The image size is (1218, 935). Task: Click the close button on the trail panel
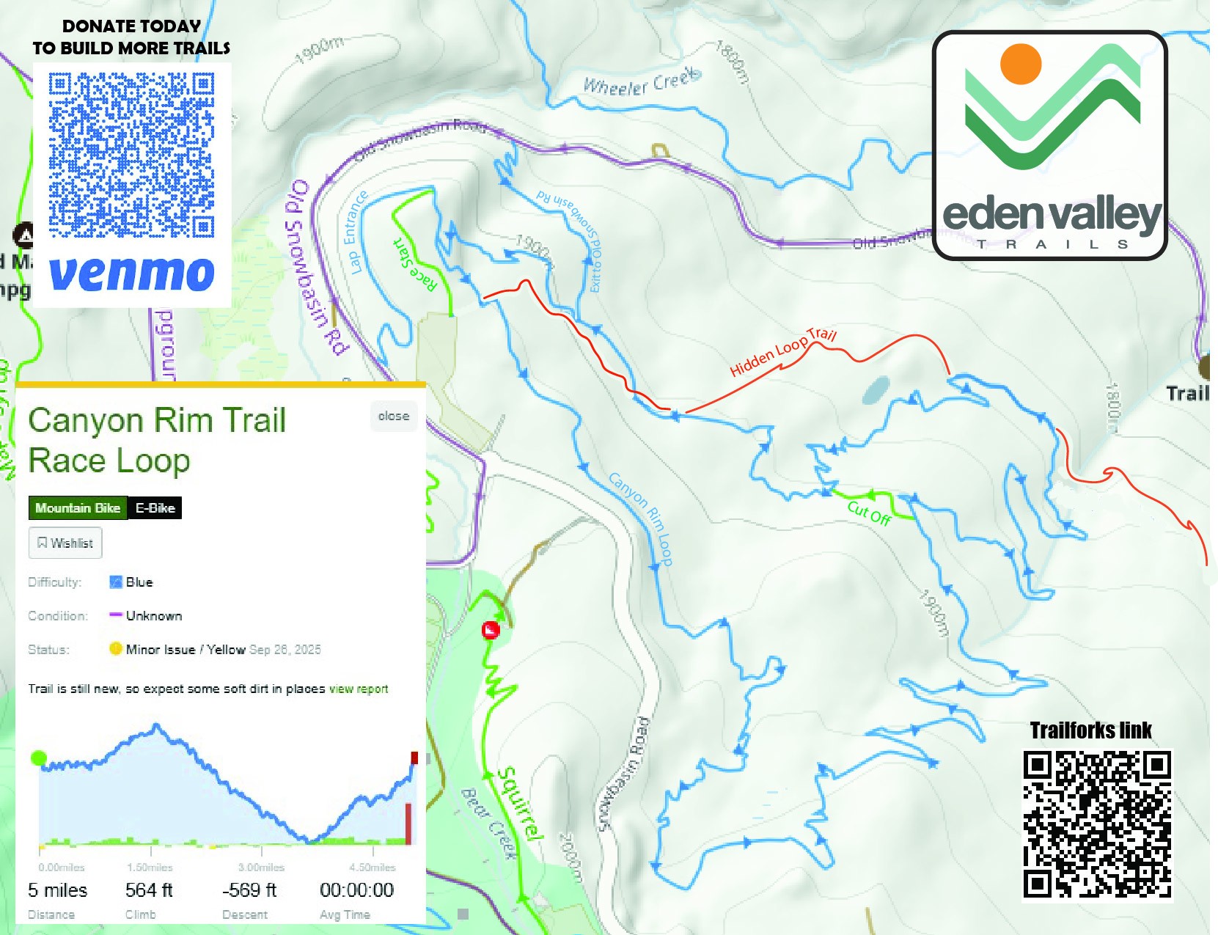[394, 417]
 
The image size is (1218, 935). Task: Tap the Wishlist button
[65, 543]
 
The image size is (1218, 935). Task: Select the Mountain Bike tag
[78, 508]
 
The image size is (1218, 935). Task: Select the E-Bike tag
[155, 508]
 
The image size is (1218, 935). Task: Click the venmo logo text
[132, 274]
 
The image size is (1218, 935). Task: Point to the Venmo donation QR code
[132, 155]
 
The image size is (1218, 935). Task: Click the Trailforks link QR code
[1097, 823]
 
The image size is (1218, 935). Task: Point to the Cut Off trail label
[869, 513]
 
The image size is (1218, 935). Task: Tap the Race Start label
[415, 265]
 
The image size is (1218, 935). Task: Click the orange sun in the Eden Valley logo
[1021, 64]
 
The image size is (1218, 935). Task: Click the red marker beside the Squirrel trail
[491, 630]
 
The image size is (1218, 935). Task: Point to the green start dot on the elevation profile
[39, 758]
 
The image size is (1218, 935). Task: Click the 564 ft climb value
[149, 890]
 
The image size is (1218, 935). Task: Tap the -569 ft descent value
[249, 890]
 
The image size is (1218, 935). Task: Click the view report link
[359, 689]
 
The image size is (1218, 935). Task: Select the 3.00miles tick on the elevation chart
[261, 868]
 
